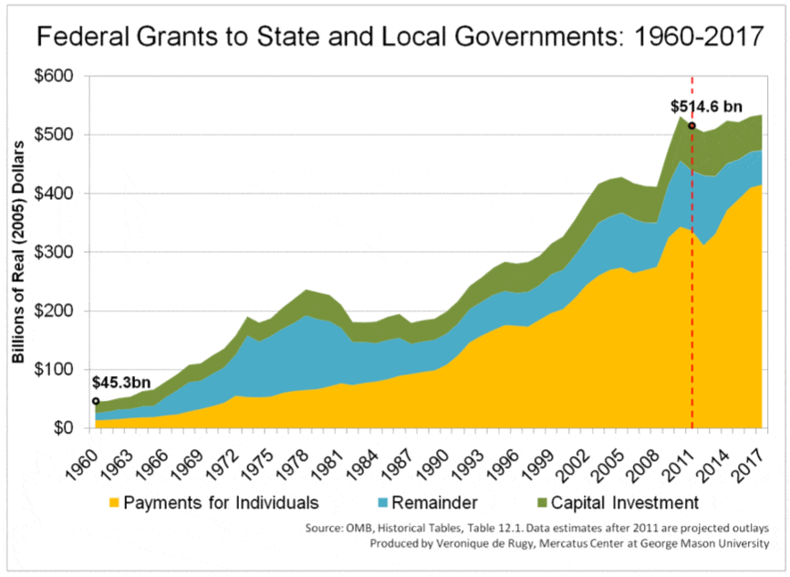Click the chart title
coord(394,39)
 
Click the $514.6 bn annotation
coord(708,107)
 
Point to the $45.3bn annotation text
coord(121,384)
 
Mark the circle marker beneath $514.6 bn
coord(692,126)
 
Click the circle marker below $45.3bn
coord(96,401)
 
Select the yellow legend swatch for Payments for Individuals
coord(114,502)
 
